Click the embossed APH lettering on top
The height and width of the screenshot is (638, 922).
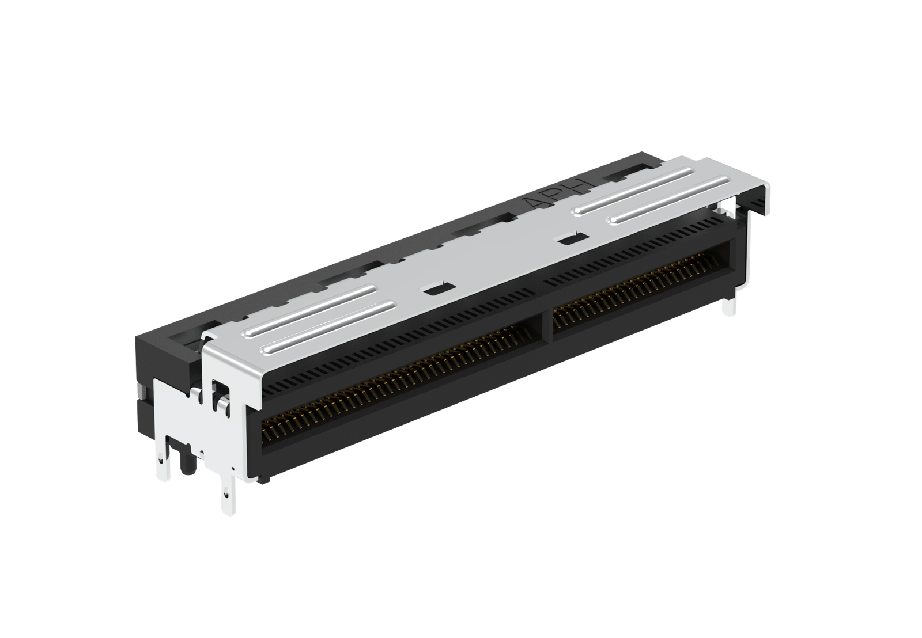click(561, 193)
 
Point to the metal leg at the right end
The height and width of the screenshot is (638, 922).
click(729, 306)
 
